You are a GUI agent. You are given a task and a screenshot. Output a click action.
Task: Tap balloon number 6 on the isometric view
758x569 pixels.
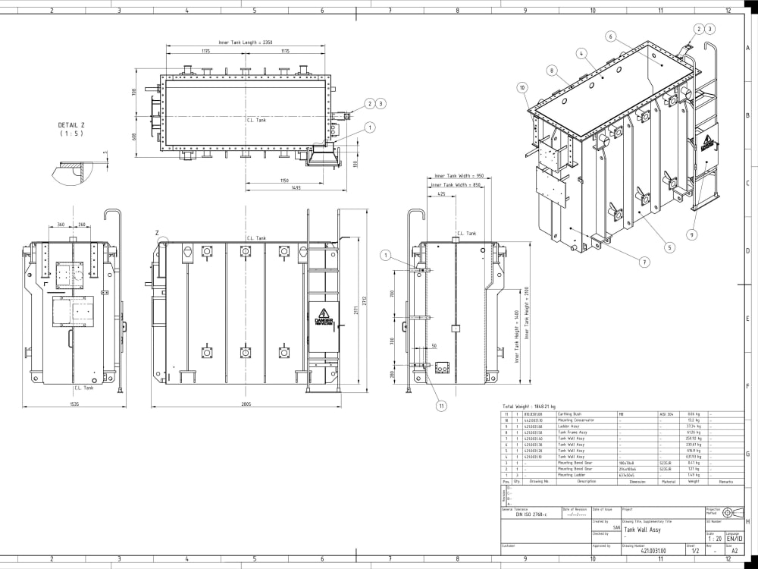tap(611, 36)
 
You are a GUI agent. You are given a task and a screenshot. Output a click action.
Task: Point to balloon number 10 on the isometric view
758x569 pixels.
tap(522, 87)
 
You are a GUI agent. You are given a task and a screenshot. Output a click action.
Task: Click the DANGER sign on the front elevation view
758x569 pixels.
tap(324, 320)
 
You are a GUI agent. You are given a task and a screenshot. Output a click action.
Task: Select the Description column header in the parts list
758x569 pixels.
tap(587, 481)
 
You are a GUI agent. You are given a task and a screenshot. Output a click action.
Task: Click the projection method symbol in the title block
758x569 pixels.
tap(731, 512)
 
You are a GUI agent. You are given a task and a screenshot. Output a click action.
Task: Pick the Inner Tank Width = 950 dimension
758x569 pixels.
tap(459, 175)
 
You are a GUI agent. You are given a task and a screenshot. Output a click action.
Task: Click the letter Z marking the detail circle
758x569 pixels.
tap(157, 232)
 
